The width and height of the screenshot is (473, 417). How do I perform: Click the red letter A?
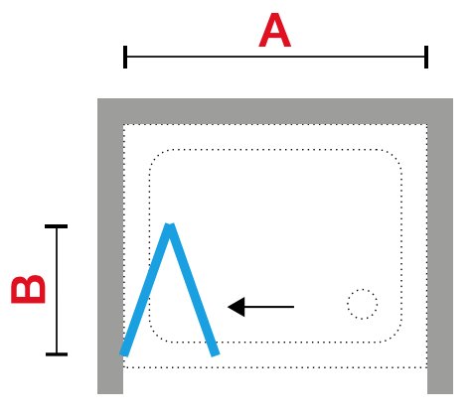pyautogui.click(x=274, y=31)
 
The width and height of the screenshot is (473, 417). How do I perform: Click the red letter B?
pyautogui.click(x=28, y=289)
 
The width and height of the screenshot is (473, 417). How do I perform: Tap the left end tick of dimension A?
pyautogui.click(x=125, y=57)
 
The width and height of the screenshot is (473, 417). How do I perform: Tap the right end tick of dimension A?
pyautogui.click(x=426, y=57)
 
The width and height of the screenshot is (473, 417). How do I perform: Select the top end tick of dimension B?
pyautogui.click(x=57, y=226)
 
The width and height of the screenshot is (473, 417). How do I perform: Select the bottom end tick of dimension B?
pyautogui.click(x=57, y=354)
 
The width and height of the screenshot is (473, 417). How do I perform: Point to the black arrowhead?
pyautogui.click(x=236, y=307)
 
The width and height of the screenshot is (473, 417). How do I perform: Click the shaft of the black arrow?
pyautogui.click(x=269, y=307)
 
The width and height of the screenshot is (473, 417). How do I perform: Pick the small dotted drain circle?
pyautogui.click(x=363, y=304)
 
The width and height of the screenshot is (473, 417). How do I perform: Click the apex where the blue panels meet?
pyautogui.click(x=170, y=225)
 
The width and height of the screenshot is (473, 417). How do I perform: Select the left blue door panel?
pyautogui.click(x=145, y=290)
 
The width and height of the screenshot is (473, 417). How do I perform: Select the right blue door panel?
pyautogui.click(x=194, y=290)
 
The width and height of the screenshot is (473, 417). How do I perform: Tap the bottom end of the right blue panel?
pyautogui.click(x=216, y=354)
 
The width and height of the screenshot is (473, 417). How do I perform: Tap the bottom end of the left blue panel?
pyautogui.click(x=124, y=354)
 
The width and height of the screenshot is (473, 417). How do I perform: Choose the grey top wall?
pyautogui.click(x=275, y=111)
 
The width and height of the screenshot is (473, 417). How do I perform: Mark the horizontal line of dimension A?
pyautogui.click(x=275, y=57)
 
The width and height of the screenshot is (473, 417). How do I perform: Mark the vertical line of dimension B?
pyautogui.click(x=57, y=290)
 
